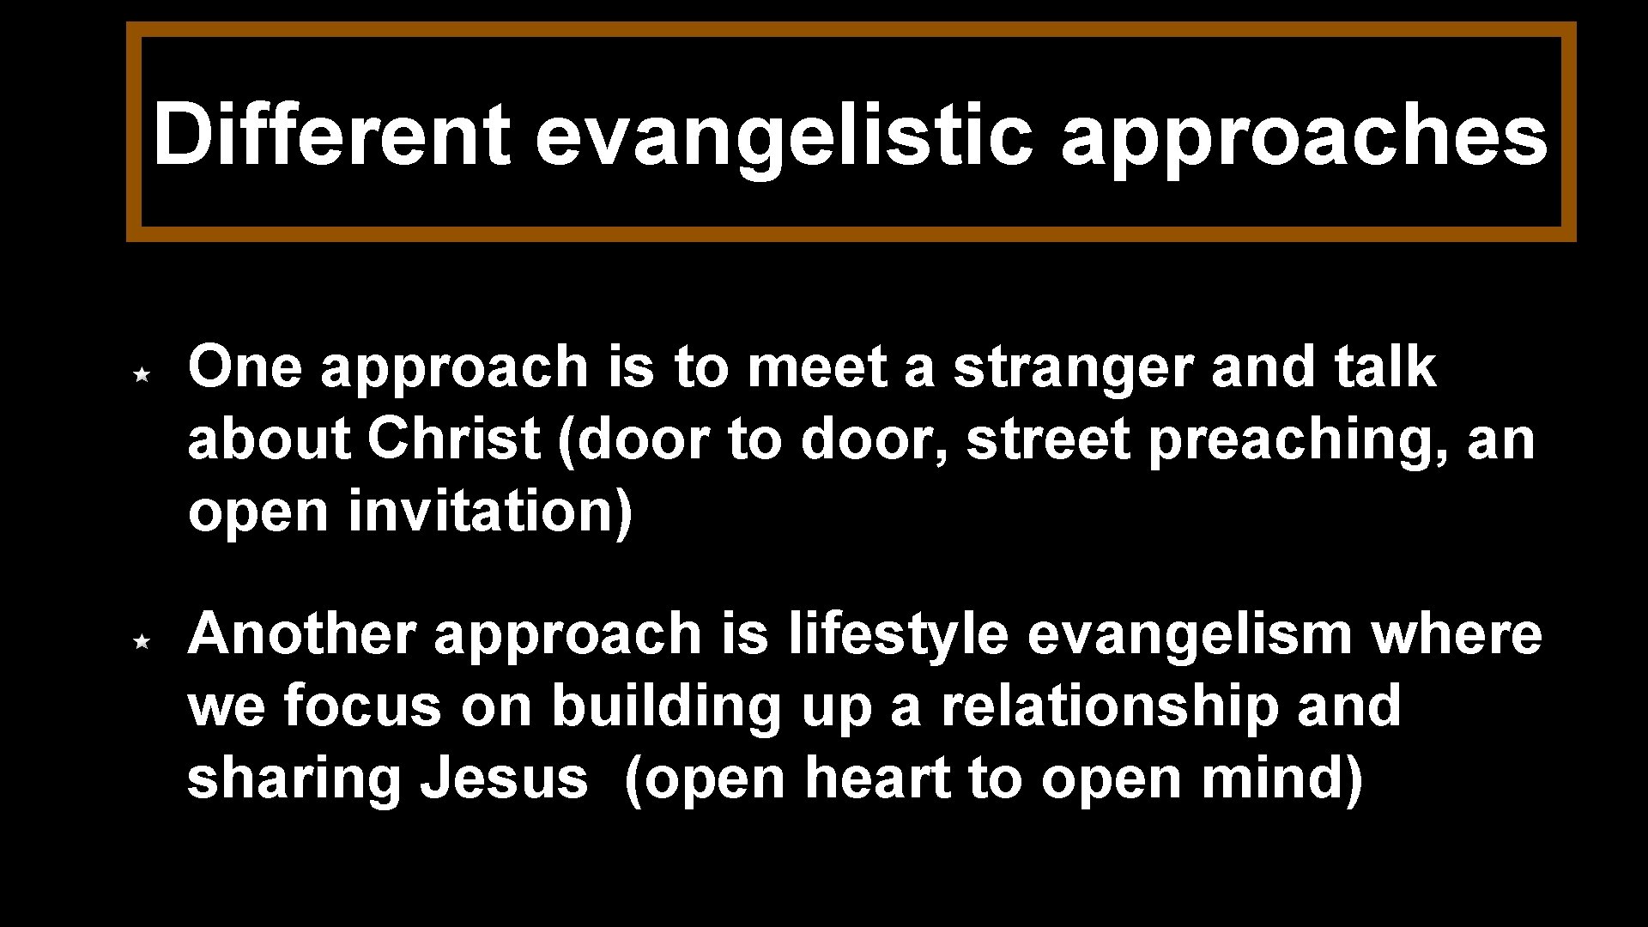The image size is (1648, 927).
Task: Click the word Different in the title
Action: tap(331, 135)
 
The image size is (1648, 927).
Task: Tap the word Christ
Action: tap(453, 439)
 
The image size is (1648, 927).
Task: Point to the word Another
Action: tap(301, 634)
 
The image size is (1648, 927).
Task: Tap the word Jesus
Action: tap(504, 779)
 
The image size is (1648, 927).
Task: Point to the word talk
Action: tap(1385, 367)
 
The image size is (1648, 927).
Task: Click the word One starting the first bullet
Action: tap(245, 367)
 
